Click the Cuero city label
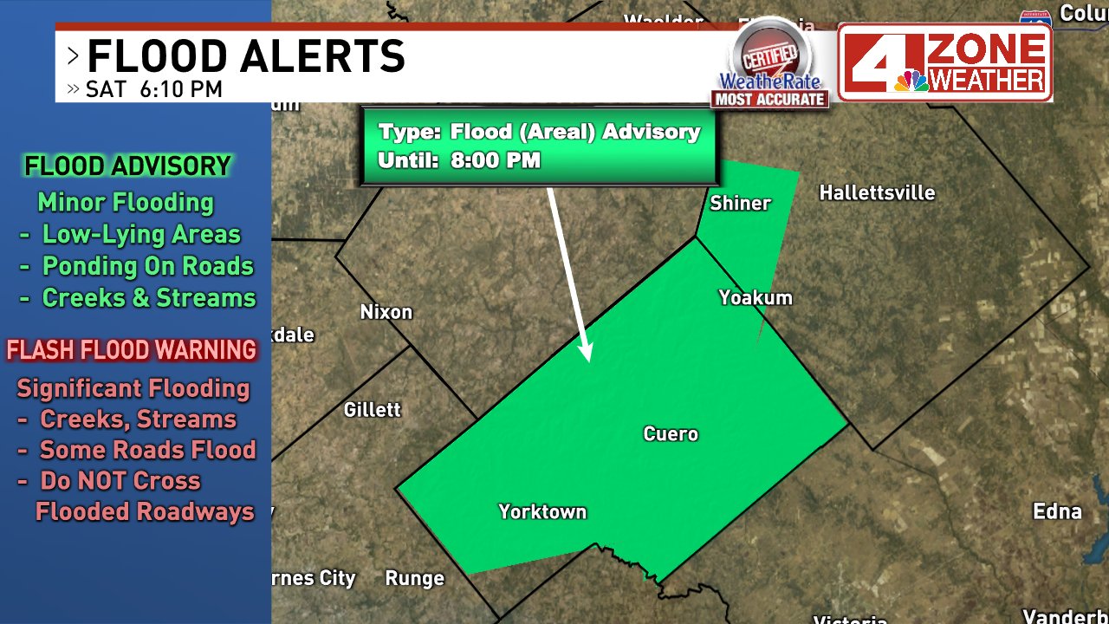[x=671, y=434]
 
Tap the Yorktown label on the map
[x=542, y=512]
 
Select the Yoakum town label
[x=756, y=298]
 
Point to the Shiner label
[x=740, y=204]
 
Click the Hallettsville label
[x=877, y=192]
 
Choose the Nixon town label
[x=386, y=312]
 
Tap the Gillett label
[x=373, y=410]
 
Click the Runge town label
[x=414, y=578]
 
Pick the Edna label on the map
[x=1057, y=511]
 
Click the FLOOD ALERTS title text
[x=246, y=57]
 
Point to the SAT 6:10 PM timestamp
[x=153, y=89]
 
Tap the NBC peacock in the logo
[x=911, y=80]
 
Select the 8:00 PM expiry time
[x=496, y=160]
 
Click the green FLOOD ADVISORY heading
[x=127, y=166]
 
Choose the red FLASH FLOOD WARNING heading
[x=132, y=350]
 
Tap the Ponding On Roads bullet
[x=148, y=266]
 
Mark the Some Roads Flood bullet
[x=148, y=450]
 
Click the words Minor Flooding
[x=126, y=203]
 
